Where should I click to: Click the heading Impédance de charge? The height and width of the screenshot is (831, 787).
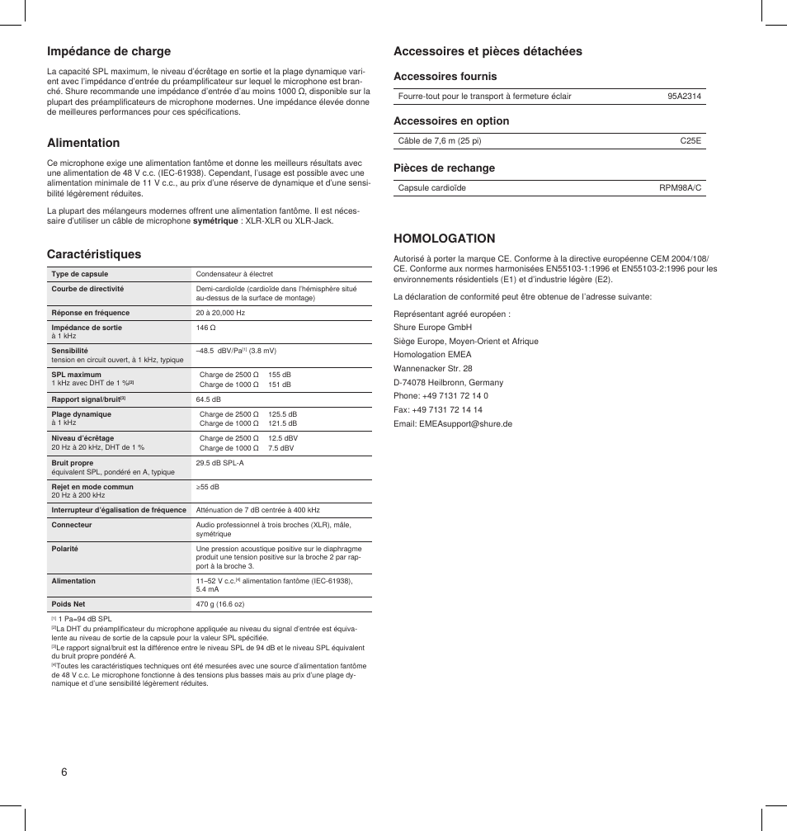(108, 51)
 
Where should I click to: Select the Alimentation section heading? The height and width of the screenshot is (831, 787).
(83, 143)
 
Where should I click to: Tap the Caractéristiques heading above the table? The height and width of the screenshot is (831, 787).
(94, 254)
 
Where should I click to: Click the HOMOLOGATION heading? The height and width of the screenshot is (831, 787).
(444, 238)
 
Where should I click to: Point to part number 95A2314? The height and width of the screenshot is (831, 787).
(684, 97)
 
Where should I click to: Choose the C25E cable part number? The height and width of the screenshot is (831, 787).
(690, 141)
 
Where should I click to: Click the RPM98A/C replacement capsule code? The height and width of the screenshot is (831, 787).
(680, 188)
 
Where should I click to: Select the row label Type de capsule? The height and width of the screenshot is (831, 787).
(80, 274)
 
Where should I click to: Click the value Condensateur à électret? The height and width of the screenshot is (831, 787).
(234, 274)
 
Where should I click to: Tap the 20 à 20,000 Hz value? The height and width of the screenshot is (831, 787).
(220, 313)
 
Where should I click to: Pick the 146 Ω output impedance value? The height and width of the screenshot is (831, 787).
(206, 328)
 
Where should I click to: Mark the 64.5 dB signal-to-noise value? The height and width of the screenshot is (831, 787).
(208, 399)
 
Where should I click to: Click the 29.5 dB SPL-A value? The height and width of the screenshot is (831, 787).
(219, 463)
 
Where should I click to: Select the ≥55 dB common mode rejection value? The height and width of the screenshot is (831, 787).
(207, 487)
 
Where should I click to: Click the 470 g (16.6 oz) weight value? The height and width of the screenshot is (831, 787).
(219, 604)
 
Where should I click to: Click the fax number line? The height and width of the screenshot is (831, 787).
(438, 409)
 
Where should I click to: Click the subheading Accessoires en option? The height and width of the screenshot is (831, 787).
(451, 121)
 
